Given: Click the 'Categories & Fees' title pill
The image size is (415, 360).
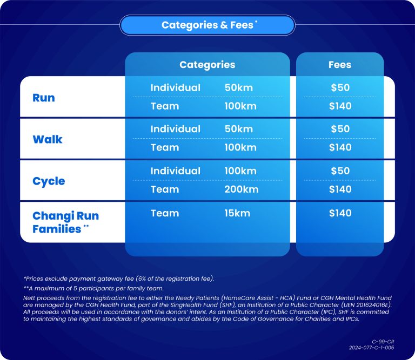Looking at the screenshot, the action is (x=207, y=25).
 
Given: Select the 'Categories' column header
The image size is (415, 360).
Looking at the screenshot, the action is (x=207, y=65).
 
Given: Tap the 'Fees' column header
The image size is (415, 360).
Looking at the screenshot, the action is (x=340, y=65).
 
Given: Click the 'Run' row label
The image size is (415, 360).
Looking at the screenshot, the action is (x=44, y=98).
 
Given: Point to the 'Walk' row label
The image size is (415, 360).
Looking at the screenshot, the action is (x=48, y=139).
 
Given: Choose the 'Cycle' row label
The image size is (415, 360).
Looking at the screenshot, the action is (x=49, y=181).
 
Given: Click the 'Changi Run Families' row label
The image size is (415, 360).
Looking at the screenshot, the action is (x=65, y=222).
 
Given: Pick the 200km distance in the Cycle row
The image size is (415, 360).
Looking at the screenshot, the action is (x=242, y=189).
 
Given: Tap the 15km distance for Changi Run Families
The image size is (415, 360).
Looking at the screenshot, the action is (x=237, y=213).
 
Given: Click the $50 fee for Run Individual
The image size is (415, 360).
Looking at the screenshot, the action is (x=340, y=87).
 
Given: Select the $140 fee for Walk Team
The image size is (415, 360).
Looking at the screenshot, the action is (x=340, y=147).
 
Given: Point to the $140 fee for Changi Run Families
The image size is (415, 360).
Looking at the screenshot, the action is (x=340, y=213).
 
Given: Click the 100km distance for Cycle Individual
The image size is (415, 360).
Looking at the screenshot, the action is (x=240, y=171).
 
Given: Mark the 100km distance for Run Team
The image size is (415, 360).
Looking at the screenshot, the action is (x=240, y=106).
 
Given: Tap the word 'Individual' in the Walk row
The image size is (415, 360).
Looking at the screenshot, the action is (x=176, y=129).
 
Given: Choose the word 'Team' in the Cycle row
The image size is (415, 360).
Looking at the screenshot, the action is (x=165, y=189).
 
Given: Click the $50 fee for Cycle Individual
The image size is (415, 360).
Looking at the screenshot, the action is (x=340, y=171).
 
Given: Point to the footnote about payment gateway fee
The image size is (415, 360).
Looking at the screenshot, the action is (x=118, y=279).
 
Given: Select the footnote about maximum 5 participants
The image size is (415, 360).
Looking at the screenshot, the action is (x=93, y=288).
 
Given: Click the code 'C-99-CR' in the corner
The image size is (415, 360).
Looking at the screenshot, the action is (x=383, y=342).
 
